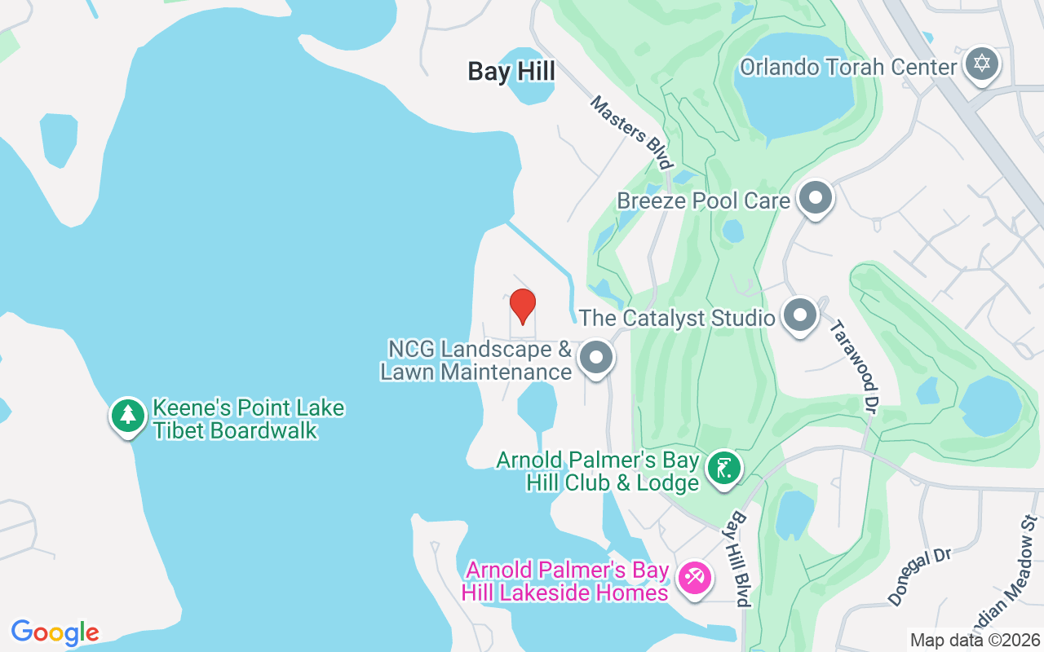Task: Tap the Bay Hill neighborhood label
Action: coord(511,72)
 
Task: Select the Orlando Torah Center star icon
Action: coord(981,64)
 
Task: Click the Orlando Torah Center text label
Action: coord(847,67)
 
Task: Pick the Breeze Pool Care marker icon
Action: coord(814,198)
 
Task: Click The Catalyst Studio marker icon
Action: coord(799,315)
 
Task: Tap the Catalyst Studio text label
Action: coord(676,317)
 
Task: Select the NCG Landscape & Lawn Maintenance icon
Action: coord(596,358)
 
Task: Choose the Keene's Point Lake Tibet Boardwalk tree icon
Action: coord(127,416)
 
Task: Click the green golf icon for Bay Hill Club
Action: coord(723,468)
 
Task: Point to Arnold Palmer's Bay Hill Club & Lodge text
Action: coord(598,471)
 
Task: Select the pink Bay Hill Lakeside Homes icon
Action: coord(695,579)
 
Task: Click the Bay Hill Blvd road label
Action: coord(741,559)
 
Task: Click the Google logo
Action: coord(55,632)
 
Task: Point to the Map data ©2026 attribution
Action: coord(975,641)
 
